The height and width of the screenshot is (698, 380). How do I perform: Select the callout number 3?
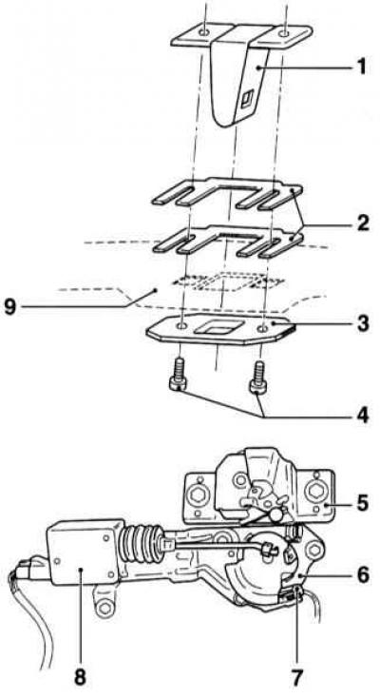click(x=362, y=323)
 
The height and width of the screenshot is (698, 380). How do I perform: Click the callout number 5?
click(x=362, y=502)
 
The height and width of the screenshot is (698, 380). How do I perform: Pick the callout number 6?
click(x=362, y=574)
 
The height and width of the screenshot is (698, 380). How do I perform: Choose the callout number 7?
click(x=296, y=677)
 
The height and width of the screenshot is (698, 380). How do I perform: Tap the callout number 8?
click(x=80, y=677)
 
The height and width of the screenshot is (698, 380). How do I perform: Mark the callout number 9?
click(x=10, y=307)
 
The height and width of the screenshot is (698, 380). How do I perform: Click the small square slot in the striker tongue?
click(x=246, y=98)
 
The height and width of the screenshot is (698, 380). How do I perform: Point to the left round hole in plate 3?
click(x=182, y=327)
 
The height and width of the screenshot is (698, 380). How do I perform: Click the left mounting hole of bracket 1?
click(x=204, y=32)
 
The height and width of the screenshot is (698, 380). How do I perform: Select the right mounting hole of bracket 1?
click(x=285, y=32)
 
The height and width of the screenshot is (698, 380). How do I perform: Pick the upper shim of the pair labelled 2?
click(x=227, y=192)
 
